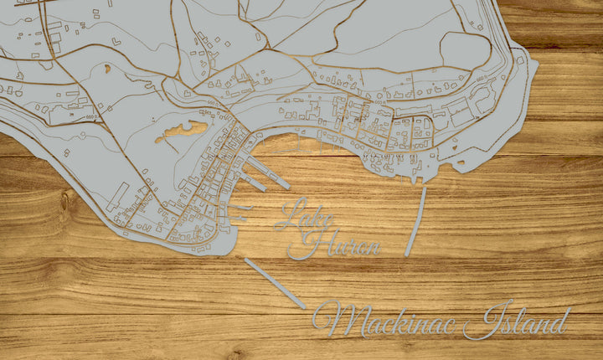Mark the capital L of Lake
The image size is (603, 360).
289,215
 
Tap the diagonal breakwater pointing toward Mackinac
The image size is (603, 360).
273,283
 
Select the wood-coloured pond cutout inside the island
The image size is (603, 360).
183,130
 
